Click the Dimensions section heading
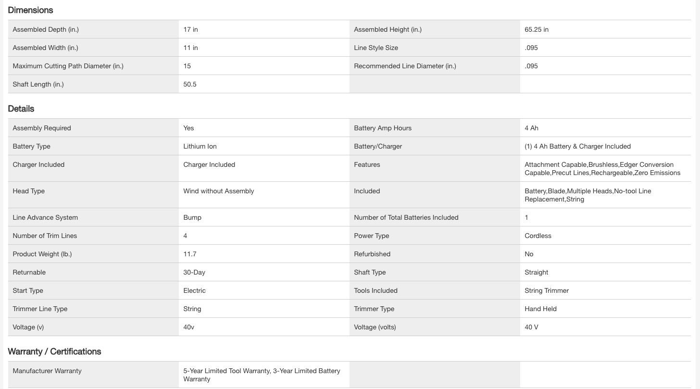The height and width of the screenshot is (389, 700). pos(30,10)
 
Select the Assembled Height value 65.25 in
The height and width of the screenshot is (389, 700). pos(537,29)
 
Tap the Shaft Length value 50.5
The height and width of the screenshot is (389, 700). pos(190,84)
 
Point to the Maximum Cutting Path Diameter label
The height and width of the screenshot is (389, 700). pos(68,66)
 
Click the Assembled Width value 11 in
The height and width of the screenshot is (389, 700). pos(190,48)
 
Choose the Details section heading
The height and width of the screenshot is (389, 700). pos(21,109)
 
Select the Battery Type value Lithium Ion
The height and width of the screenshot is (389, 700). pos(200,146)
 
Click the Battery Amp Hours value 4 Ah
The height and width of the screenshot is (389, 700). pos(531,128)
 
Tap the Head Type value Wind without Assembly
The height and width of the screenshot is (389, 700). pos(218,191)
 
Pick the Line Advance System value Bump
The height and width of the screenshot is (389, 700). pos(192,217)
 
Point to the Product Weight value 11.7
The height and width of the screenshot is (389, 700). pos(190,254)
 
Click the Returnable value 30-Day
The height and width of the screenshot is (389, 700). pos(194,272)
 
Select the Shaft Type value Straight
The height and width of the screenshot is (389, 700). pos(536,272)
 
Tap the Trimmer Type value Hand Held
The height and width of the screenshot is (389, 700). pos(540,309)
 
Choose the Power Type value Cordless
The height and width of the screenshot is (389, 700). pos(538,236)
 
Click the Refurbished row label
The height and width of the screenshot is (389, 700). pos(372,254)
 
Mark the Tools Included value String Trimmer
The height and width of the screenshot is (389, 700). pos(547,290)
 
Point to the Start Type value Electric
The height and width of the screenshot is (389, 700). pos(194,290)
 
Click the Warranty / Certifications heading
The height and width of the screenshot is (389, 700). pos(54,351)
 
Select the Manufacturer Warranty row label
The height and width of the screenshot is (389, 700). pos(47,371)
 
